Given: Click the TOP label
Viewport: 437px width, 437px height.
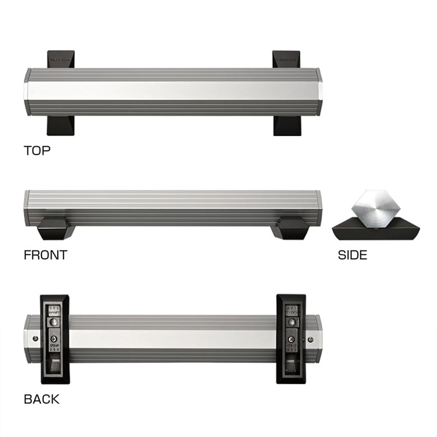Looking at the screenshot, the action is click(x=37, y=151).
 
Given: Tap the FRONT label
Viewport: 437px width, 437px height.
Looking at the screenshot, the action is click(x=45, y=255).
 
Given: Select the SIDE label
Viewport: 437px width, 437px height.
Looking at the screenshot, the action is click(x=352, y=255).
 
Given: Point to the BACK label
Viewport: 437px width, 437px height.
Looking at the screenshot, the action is click(x=41, y=399).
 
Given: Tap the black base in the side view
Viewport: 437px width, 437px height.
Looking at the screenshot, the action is click(x=376, y=229).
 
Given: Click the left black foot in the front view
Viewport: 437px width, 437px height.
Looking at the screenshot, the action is click(x=57, y=228).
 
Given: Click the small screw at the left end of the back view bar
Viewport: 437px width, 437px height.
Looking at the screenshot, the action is click(x=35, y=338).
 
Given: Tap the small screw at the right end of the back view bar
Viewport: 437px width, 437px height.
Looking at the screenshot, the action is click(x=310, y=339).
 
